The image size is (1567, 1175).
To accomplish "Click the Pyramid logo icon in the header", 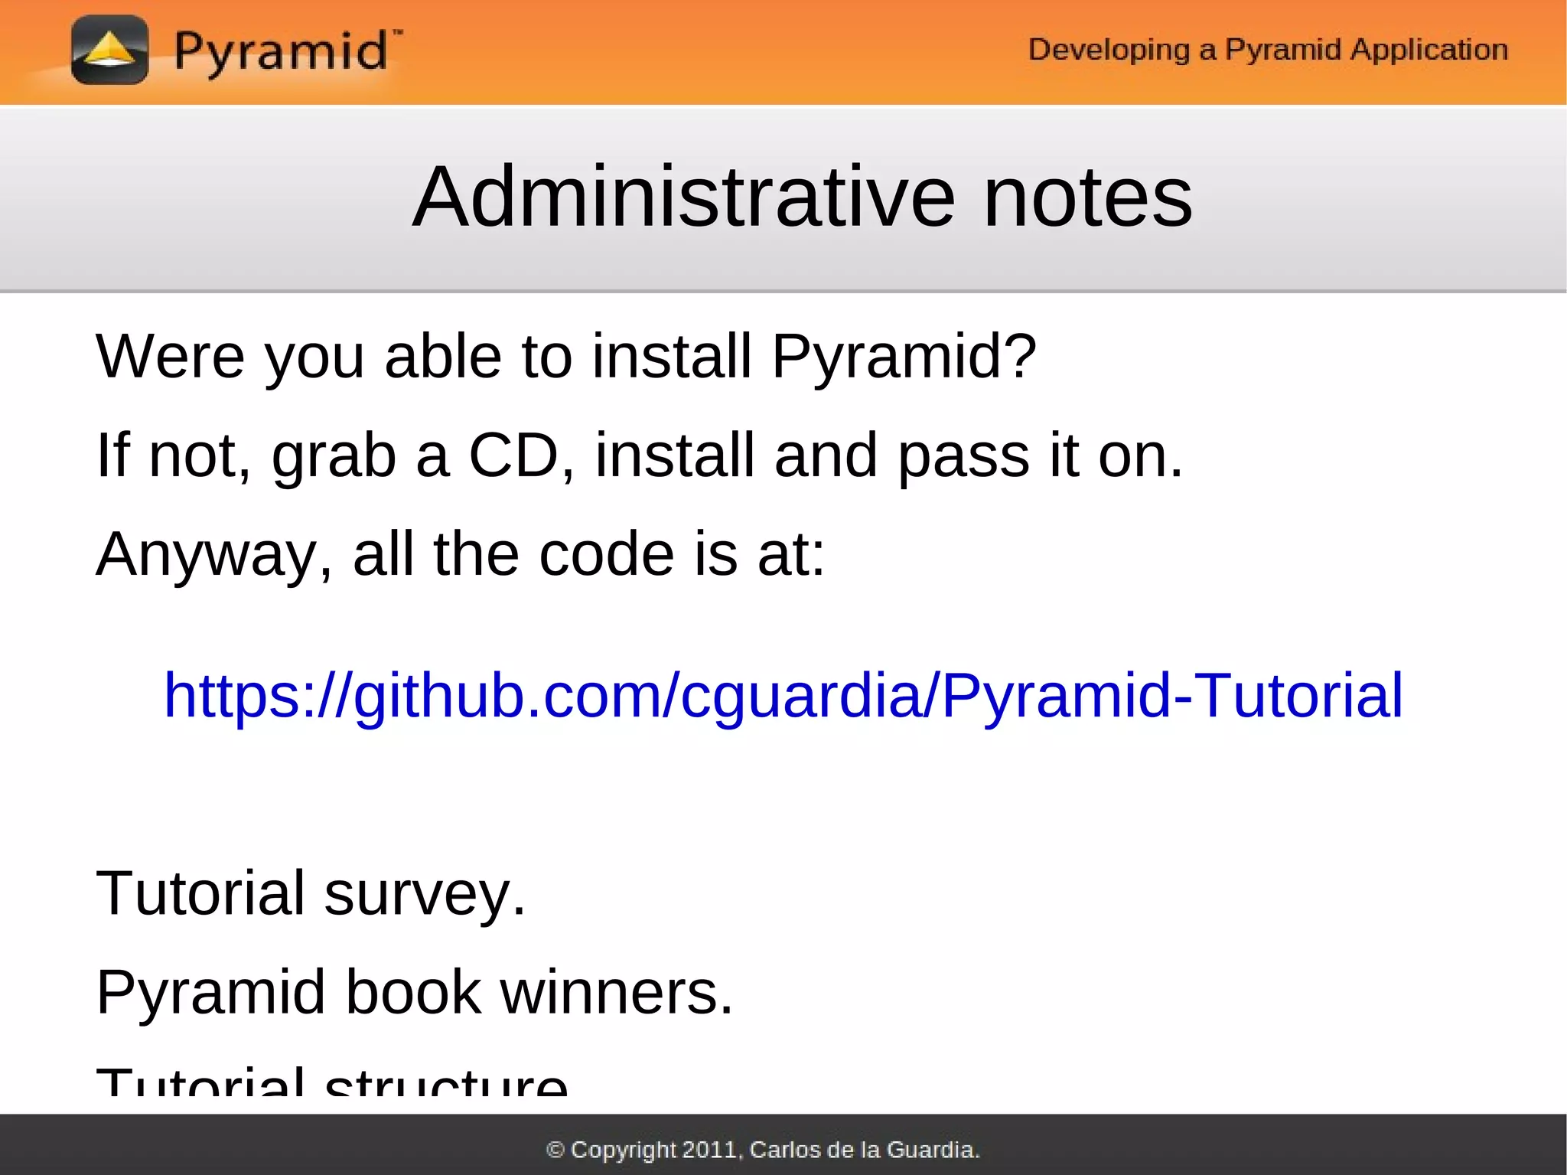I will coord(109,51).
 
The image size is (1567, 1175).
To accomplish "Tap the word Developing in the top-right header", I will coord(1109,50).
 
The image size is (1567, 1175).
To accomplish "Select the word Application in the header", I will coord(1428,50).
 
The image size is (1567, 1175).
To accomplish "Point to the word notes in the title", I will coord(1087,198).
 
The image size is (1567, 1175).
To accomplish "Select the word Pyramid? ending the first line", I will coord(904,357).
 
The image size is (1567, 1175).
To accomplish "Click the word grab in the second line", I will coord(334,456).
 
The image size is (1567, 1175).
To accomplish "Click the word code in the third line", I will coord(606,553).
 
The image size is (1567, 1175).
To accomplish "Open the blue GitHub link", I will coord(783,695).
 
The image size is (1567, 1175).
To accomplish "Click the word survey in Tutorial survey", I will coord(425,893).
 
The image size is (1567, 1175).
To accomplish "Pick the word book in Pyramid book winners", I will coord(413,992).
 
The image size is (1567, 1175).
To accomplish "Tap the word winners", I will coord(617,992).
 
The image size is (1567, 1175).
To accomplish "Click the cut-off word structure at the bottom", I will coord(446,1082).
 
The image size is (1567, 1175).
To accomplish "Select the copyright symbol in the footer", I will coord(556,1150).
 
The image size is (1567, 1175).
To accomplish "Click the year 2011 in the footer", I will coord(709,1150).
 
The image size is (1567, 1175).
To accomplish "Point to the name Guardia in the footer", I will coord(932,1150).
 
